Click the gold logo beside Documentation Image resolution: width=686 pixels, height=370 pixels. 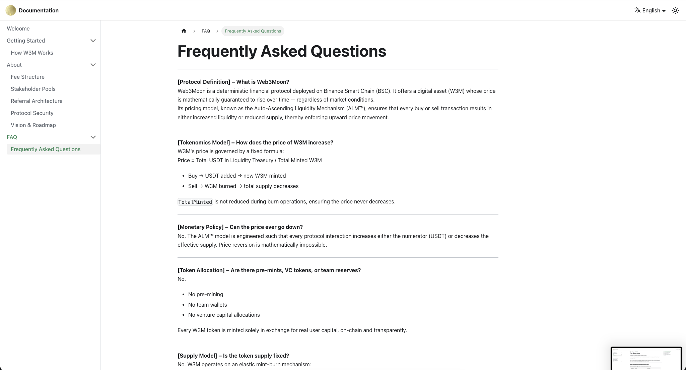11,10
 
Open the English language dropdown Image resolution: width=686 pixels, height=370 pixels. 650,10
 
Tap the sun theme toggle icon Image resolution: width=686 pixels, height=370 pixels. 675,10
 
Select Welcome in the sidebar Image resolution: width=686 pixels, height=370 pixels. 18,28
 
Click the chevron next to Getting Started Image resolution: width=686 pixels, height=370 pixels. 93,41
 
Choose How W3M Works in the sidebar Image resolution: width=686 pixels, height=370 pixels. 32,53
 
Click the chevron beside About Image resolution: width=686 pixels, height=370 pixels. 93,65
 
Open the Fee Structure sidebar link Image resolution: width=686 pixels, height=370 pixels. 27,77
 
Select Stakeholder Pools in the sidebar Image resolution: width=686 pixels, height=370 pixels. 33,89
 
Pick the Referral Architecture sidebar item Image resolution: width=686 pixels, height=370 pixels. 37,101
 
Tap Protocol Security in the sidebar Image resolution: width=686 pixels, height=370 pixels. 32,113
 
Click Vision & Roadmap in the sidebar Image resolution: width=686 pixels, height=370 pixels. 33,125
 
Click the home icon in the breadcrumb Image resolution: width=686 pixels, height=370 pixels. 184,31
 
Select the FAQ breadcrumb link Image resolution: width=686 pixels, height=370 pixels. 206,31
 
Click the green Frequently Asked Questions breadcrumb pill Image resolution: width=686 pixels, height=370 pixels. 253,31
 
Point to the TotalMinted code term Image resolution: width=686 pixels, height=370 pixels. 195,202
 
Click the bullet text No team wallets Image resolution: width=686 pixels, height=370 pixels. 207,305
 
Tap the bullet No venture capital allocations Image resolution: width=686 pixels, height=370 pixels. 224,315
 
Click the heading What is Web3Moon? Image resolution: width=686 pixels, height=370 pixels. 233,82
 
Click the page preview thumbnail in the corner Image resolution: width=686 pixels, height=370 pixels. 646,358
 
